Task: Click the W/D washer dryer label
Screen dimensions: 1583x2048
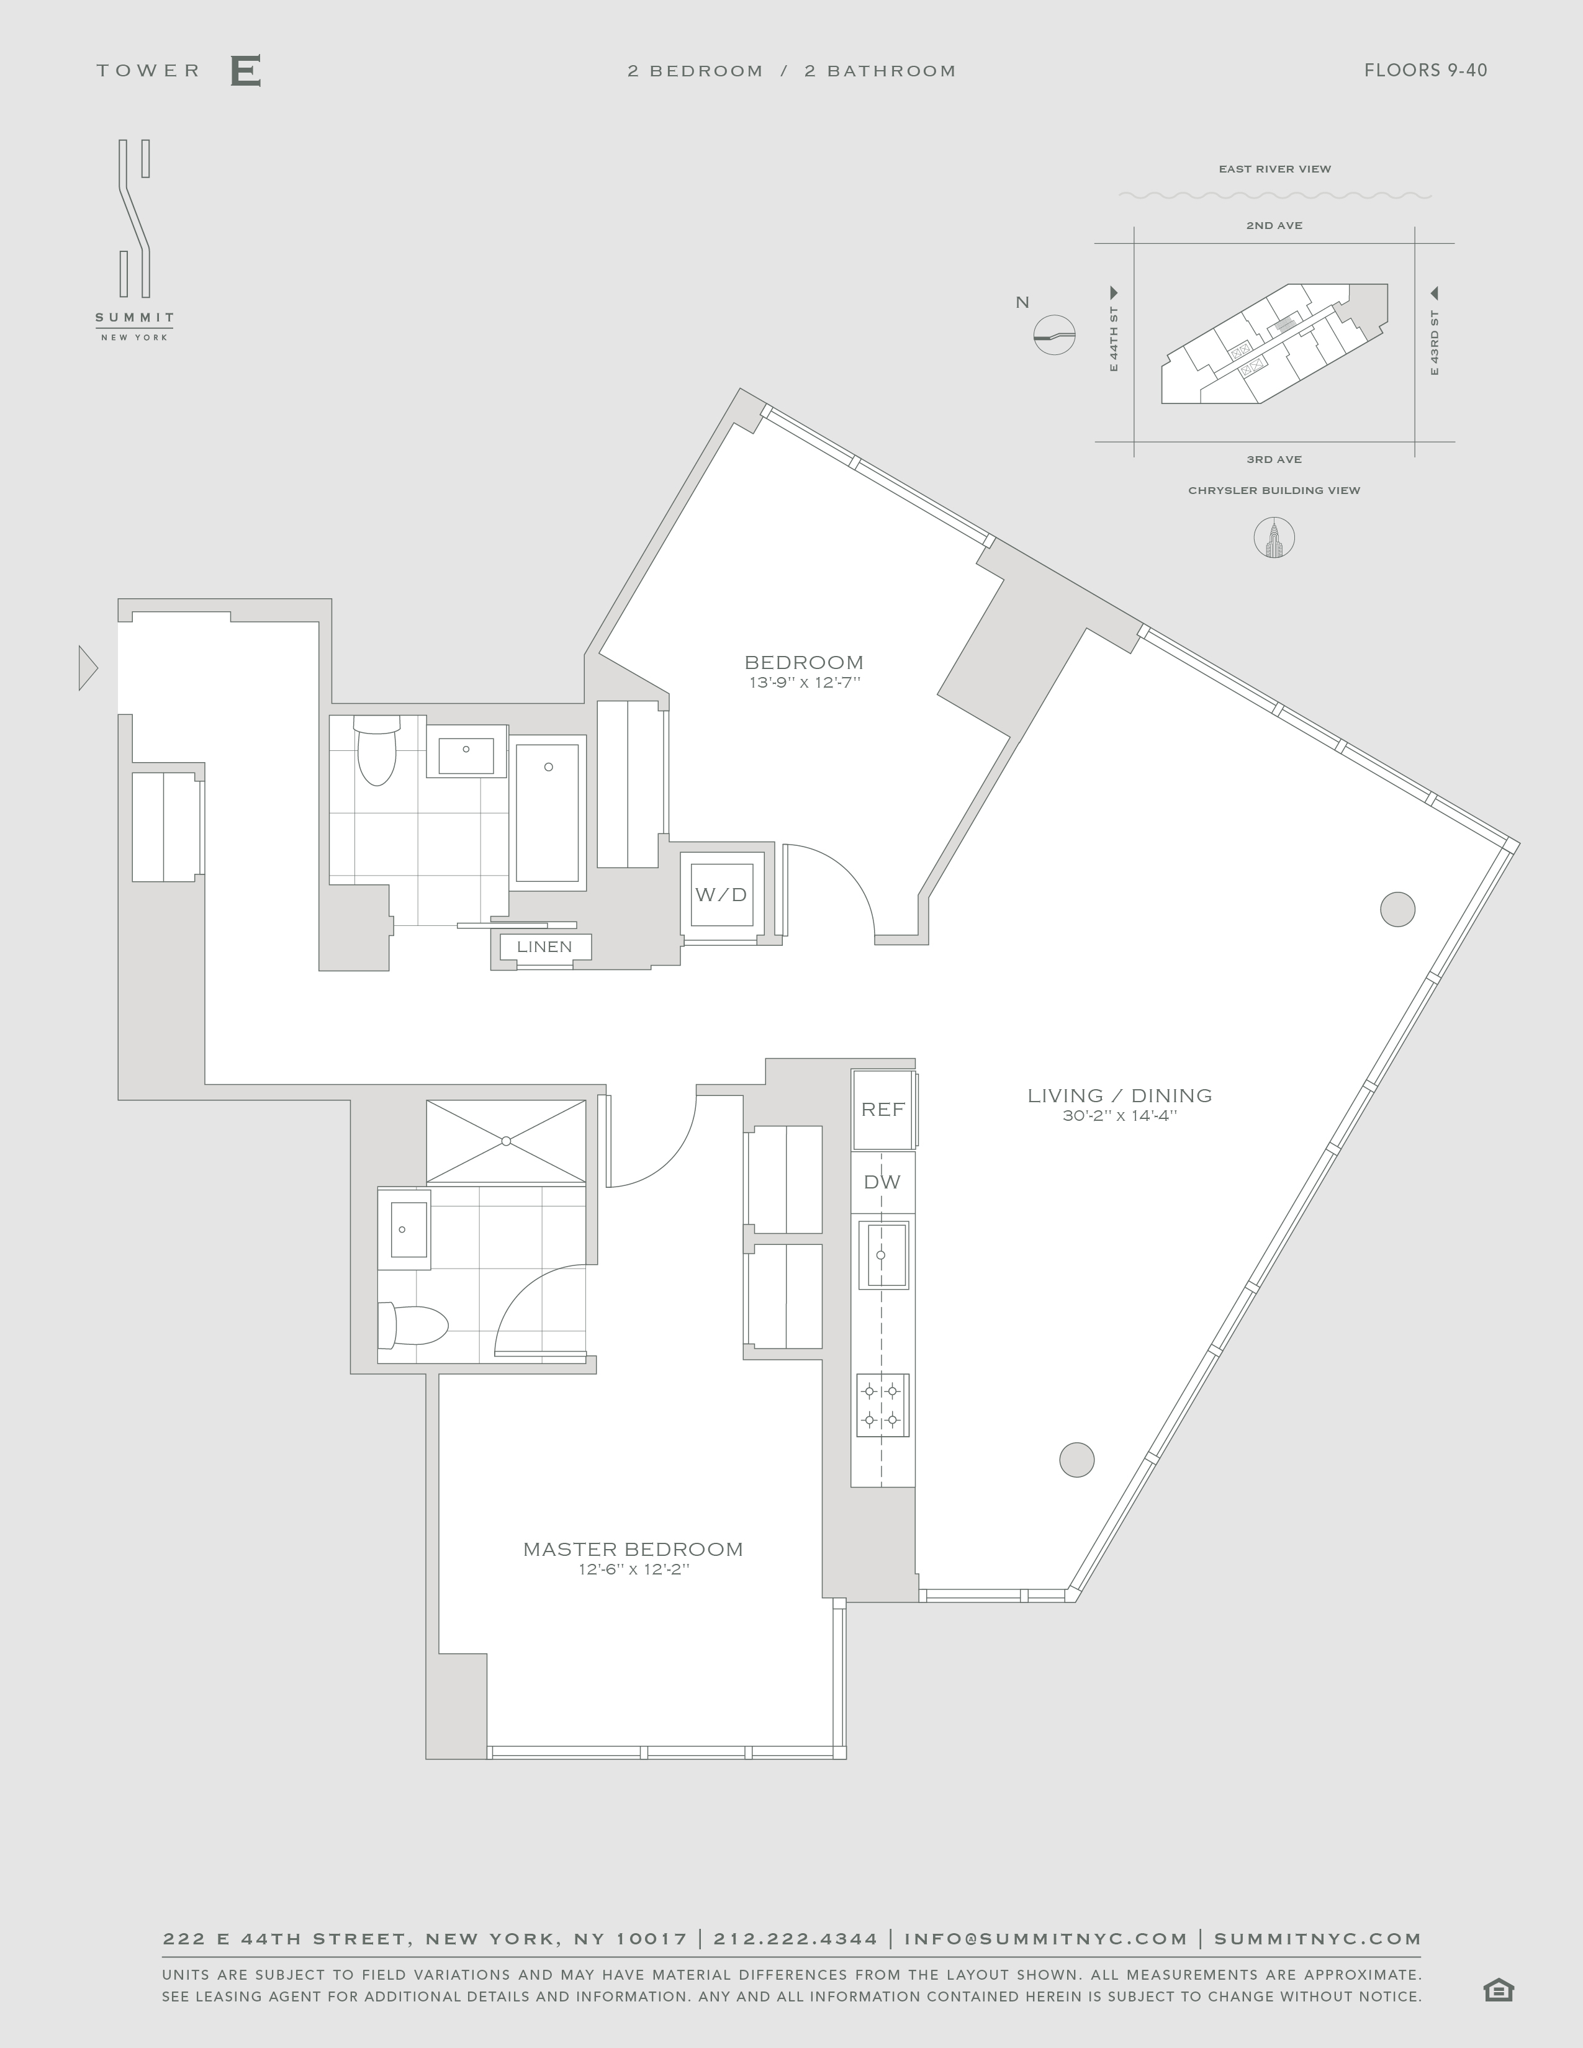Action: click(x=721, y=894)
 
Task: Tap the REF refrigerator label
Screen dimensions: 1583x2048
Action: click(x=883, y=1110)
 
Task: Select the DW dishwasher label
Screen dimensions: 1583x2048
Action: click(x=882, y=1182)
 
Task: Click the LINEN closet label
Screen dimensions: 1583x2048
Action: click(x=545, y=946)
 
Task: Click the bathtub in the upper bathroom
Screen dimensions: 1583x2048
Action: click(x=548, y=812)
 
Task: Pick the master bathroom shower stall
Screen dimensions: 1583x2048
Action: click(x=507, y=1141)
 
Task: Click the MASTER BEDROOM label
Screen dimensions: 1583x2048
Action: click(x=633, y=1549)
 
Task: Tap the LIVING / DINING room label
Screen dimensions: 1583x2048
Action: click(x=1120, y=1095)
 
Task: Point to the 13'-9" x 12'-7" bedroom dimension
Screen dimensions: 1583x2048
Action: click(x=805, y=683)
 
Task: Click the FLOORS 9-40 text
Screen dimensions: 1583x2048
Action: click(x=1425, y=70)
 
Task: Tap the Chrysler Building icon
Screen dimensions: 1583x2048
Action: click(x=1274, y=537)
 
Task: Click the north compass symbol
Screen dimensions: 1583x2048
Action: click(x=1054, y=334)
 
